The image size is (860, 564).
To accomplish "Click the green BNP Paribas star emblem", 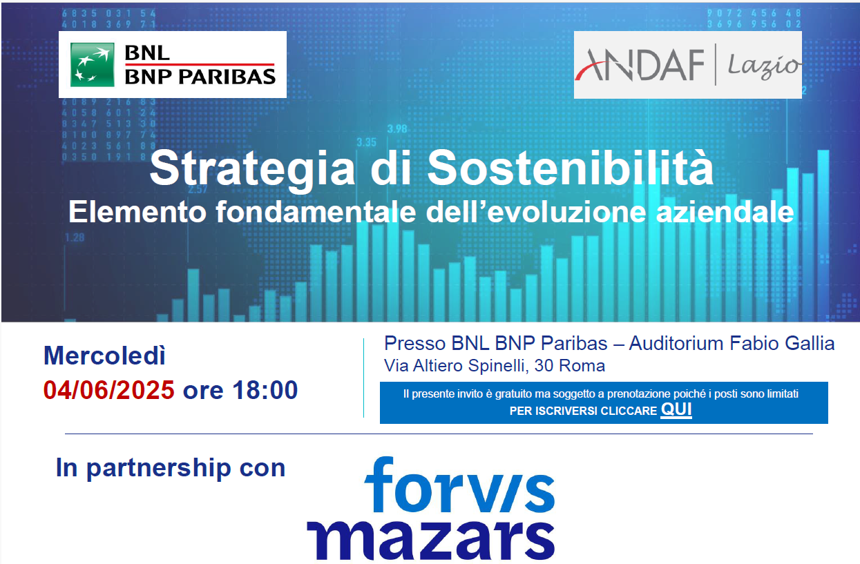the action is (92, 64).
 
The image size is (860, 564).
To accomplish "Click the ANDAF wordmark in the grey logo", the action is (639, 65).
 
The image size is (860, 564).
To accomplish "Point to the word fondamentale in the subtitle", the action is (316, 211).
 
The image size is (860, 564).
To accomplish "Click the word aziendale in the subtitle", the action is (725, 211).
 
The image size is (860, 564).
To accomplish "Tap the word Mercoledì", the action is (104, 356).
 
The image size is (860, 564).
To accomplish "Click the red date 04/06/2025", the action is (109, 390).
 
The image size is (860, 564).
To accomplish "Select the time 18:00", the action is (265, 390).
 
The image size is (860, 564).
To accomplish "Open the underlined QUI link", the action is (676, 409).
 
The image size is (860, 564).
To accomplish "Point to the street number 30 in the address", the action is (544, 366).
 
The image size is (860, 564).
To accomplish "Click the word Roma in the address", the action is (582, 366).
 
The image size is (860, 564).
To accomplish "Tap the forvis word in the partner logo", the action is (459, 485).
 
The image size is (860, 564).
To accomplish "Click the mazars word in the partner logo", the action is (431, 541).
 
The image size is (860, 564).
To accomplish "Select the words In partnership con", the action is (171, 468).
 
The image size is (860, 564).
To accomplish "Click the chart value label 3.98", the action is (397, 129).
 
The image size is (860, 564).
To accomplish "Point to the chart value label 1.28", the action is (75, 238).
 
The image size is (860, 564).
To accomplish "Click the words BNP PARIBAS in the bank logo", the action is (200, 77).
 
